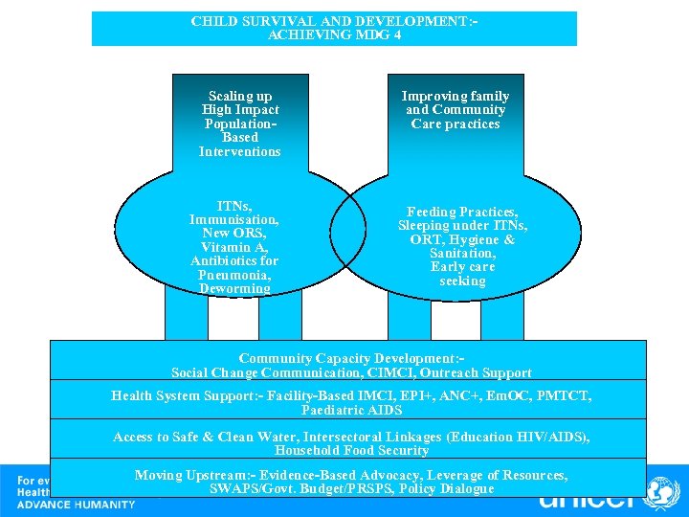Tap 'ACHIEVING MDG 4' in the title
pyautogui.click(x=335, y=34)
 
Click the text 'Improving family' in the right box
pyautogui.click(x=456, y=96)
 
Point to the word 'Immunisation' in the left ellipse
pyautogui.click(x=233, y=219)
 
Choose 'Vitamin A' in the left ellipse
pyautogui.click(x=234, y=247)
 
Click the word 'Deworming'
pyautogui.click(x=234, y=288)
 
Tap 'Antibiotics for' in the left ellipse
pyautogui.click(x=234, y=260)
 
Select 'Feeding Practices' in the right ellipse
pyautogui.click(x=462, y=212)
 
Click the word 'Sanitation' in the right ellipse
pyautogui.click(x=462, y=253)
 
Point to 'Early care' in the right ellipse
pyautogui.click(x=463, y=267)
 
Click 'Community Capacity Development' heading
pyautogui.click(x=350, y=359)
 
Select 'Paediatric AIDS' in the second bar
pyautogui.click(x=351, y=410)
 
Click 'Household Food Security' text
pyautogui.click(x=351, y=450)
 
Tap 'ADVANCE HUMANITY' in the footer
pyautogui.click(x=77, y=505)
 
